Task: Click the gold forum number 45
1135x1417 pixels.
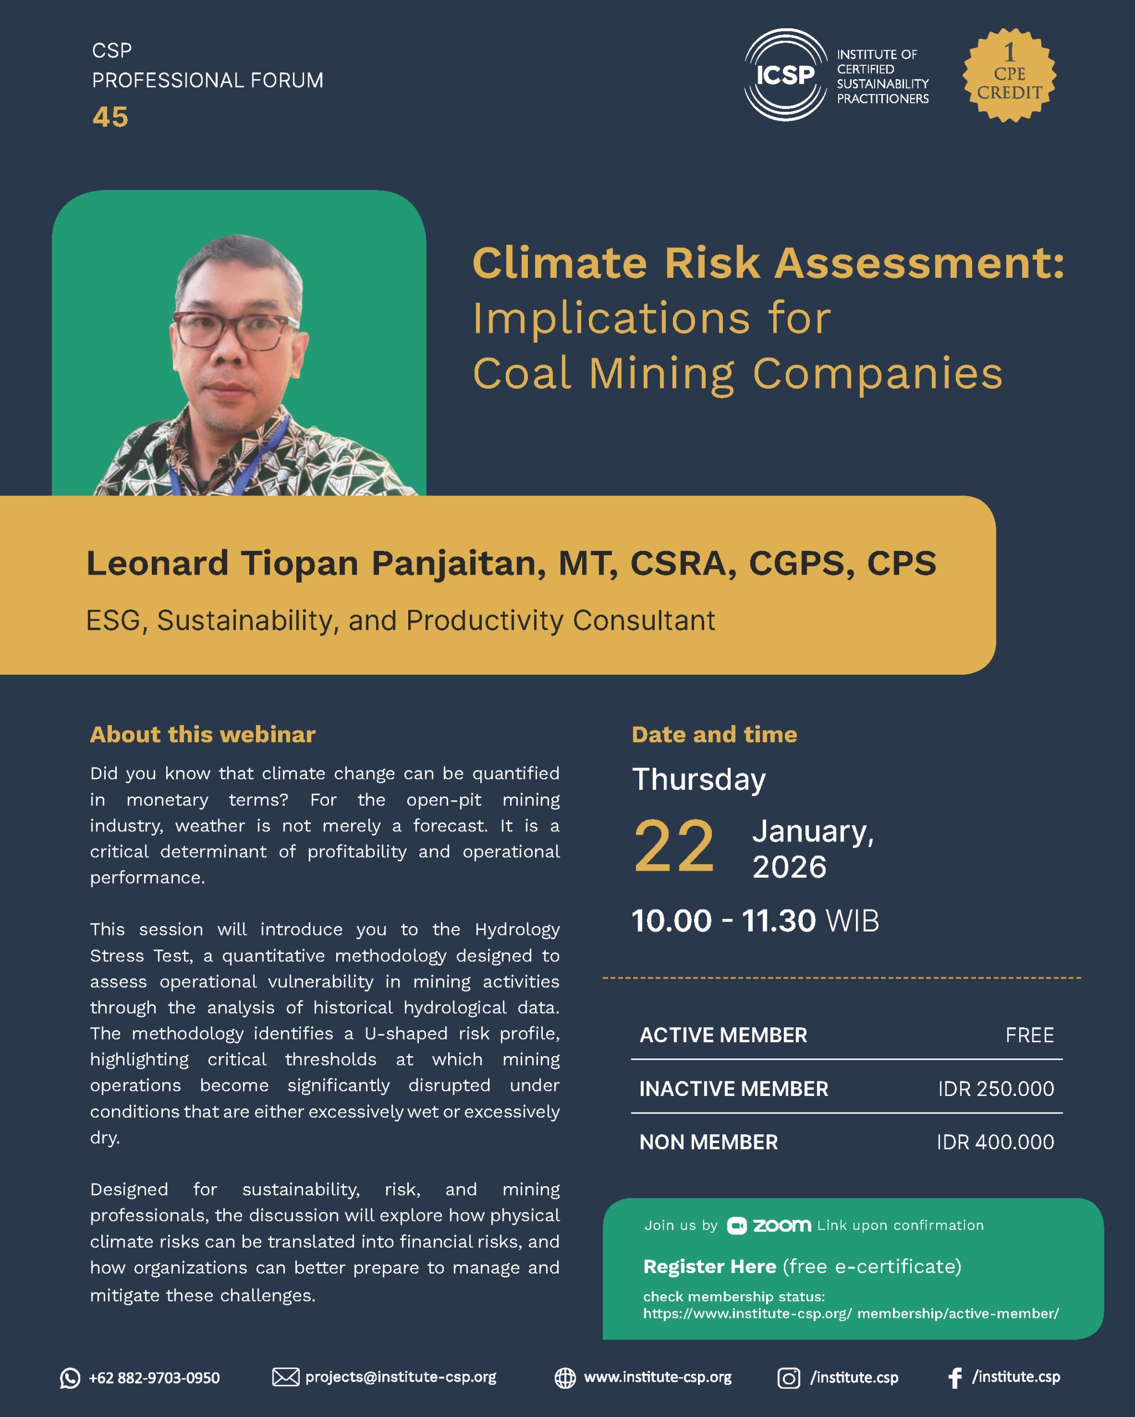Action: click(110, 117)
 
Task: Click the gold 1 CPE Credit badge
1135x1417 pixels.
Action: click(1009, 75)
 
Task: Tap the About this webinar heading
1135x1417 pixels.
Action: click(203, 734)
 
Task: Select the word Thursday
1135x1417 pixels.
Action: click(699, 779)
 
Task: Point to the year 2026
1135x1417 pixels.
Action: click(789, 867)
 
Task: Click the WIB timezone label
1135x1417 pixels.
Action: click(852, 921)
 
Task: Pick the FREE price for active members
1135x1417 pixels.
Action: click(1029, 1035)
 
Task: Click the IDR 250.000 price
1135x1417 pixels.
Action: click(995, 1089)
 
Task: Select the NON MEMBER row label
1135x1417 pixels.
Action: click(708, 1142)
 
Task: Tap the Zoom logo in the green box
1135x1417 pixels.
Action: click(769, 1225)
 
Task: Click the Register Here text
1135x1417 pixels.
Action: click(710, 1266)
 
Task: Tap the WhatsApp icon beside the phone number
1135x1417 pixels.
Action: click(70, 1378)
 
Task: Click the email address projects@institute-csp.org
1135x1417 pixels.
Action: click(400, 1377)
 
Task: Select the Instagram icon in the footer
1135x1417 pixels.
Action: click(788, 1378)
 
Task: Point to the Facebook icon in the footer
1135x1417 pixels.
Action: click(955, 1378)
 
